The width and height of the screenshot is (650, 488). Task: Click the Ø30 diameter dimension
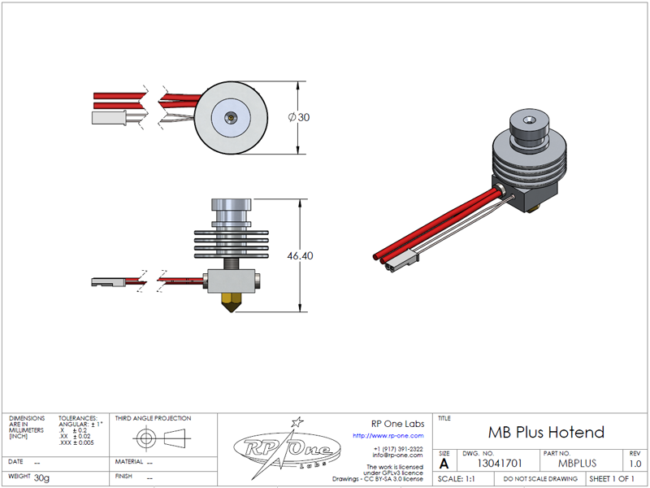[299, 117]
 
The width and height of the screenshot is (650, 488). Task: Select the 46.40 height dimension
[300, 255]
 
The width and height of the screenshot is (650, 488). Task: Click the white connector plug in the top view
[109, 117]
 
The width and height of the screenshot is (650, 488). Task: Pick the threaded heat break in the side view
[232, 264]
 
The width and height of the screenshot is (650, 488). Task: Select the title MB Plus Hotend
[546, 432]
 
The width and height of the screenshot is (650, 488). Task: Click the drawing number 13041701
[499, 463]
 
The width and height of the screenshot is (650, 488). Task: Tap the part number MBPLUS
[577, 463]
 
